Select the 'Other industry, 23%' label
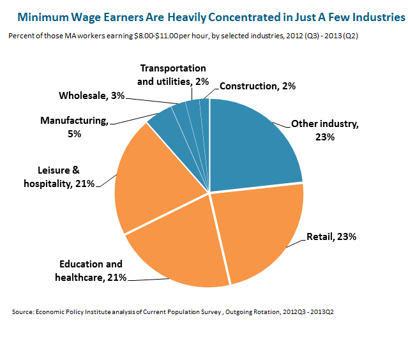(x=325, y=130)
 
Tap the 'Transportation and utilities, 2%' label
(x=172, y=75)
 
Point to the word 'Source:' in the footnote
(x=23, y=312)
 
